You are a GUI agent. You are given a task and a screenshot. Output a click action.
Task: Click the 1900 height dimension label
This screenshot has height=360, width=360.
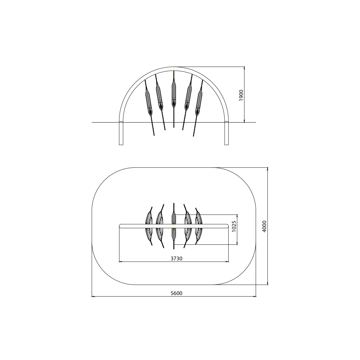[241, 95]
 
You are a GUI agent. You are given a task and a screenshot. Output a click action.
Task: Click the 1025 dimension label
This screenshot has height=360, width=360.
[234, 226]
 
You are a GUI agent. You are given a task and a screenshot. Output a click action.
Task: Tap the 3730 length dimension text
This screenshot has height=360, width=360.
[176, 258]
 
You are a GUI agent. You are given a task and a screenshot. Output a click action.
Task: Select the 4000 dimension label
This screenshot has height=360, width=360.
[264, 226]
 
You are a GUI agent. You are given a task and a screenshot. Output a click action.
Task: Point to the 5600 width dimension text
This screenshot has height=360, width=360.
[176, 293]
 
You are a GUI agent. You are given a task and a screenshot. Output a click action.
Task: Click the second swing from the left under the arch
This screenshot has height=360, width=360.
[160, 96]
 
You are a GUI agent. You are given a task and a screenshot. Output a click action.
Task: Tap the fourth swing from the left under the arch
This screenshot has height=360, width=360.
[188, 96]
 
